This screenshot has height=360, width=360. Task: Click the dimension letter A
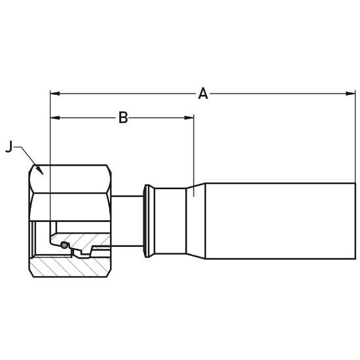click(x=203, y=94)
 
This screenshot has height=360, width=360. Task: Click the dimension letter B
click(x=123, y=118)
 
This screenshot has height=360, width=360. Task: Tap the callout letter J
click(x=9, y=147)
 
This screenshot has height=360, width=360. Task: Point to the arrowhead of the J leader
click(x=41, y=171)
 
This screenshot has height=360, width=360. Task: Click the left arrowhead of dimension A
click(x=55, y=94)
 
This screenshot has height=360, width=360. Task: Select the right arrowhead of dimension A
click(x=351, y=94)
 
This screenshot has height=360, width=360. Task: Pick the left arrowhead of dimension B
click(x=55, y=118)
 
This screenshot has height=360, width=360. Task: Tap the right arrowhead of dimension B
click(x=189, y=118)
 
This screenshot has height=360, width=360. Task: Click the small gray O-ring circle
click(x=65, y=245)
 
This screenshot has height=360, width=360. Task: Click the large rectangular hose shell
click(x=280, y=221)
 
